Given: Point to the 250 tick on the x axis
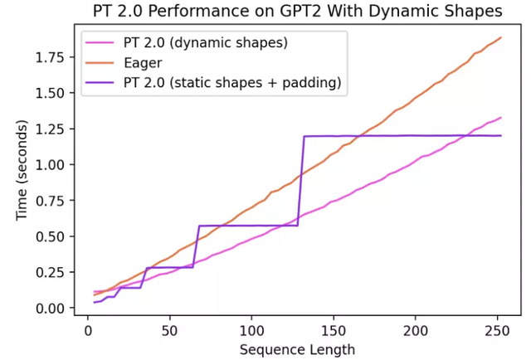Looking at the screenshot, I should pyautogui.click(x=497, y=330).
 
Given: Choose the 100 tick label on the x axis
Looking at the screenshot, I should pyautogui.click(x=251, y=330).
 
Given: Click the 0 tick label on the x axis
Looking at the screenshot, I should pyautogui.click(x=88, y=330).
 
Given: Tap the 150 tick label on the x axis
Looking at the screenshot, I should pyautogui.click(x=334, y=330).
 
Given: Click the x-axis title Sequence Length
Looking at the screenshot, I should pyautogui.click(x=297, y=349).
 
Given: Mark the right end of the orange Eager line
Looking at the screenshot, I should pyautogui.click(x=501, y=37).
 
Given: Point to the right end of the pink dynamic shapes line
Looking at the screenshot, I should pyautogui.click(x=501, y=118).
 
